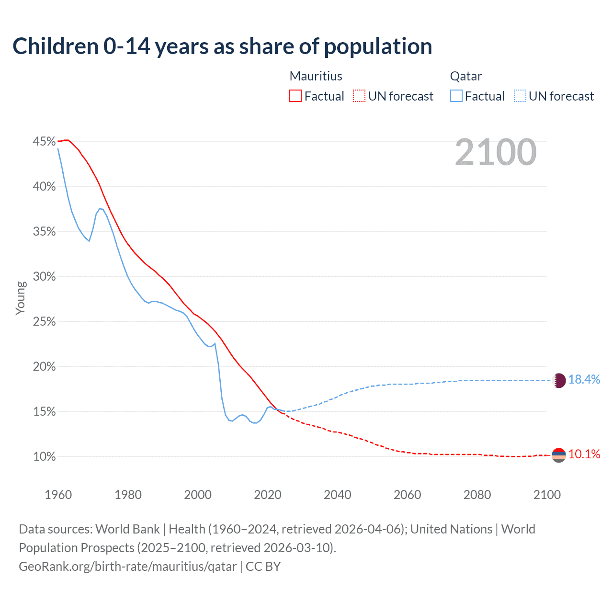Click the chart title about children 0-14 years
click(222, 46)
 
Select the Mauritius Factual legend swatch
click(295, 96)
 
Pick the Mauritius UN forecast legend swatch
click(359, 96)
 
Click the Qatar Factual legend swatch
click(456, 96)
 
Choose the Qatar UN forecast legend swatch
click(520, 96)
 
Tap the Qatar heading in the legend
click(465, 76)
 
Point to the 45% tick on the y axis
click(44, 141)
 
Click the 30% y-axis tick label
click(44, 276)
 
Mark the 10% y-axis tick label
click(44, 456)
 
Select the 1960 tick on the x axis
click(58, 495)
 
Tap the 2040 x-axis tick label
click(338, 495)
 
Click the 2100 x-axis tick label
click(547, 495)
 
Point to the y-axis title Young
click(21, 298)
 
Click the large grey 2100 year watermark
click(496, 152)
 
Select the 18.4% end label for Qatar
click(584, 379)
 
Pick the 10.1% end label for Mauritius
click(584, 454)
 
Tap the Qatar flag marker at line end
click(559, 380)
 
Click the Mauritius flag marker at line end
click(559, 455)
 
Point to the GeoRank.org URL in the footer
click(127, 567)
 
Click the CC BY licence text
click(263, 567)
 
